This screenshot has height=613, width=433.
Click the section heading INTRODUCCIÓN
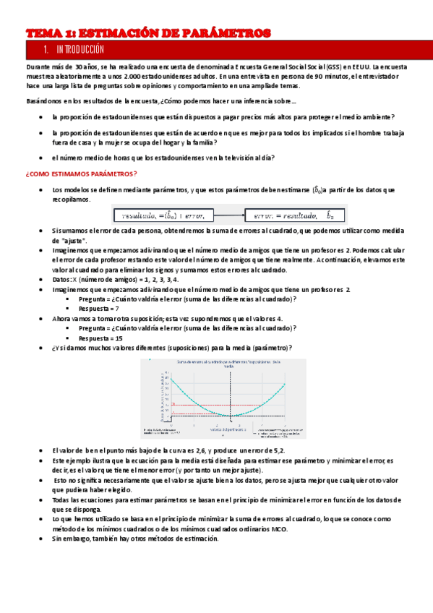point(80,50)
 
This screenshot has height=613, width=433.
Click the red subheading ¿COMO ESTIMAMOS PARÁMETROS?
point(81,174)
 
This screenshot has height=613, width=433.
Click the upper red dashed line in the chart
point(231,405)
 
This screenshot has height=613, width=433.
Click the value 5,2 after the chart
point(281,450)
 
